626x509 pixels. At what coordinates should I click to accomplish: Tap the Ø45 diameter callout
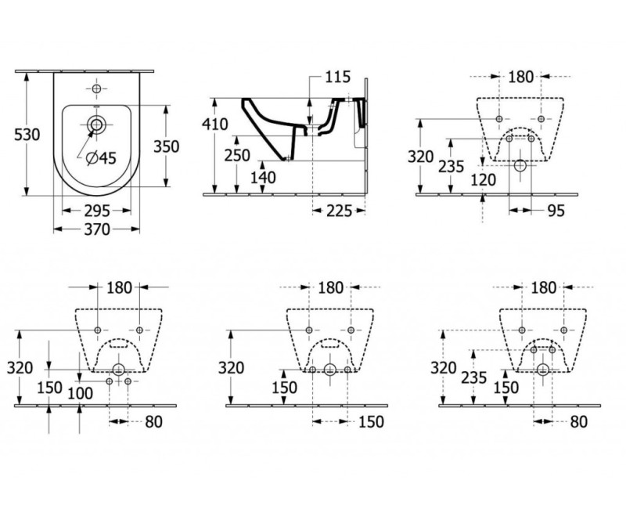[x=99, y=158]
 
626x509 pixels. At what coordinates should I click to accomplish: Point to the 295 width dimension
[x=97, y=210]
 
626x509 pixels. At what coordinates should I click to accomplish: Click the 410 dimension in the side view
[x=214, y=125]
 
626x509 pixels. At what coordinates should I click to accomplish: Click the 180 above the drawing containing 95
[x=520, y=77]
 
